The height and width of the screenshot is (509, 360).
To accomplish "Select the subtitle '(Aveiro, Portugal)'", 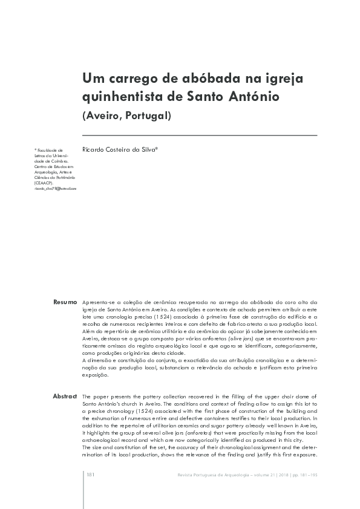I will [x=126, y=115].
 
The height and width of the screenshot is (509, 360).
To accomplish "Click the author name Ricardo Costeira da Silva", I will [x=120, y=149].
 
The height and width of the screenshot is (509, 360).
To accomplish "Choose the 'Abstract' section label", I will [x=65, y=396].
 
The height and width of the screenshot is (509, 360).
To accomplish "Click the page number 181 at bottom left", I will [x=90, y=475].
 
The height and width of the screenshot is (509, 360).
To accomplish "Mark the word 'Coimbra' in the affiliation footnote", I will [x=60, y=160].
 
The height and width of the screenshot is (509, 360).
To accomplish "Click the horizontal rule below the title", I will [x=200, y=135].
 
